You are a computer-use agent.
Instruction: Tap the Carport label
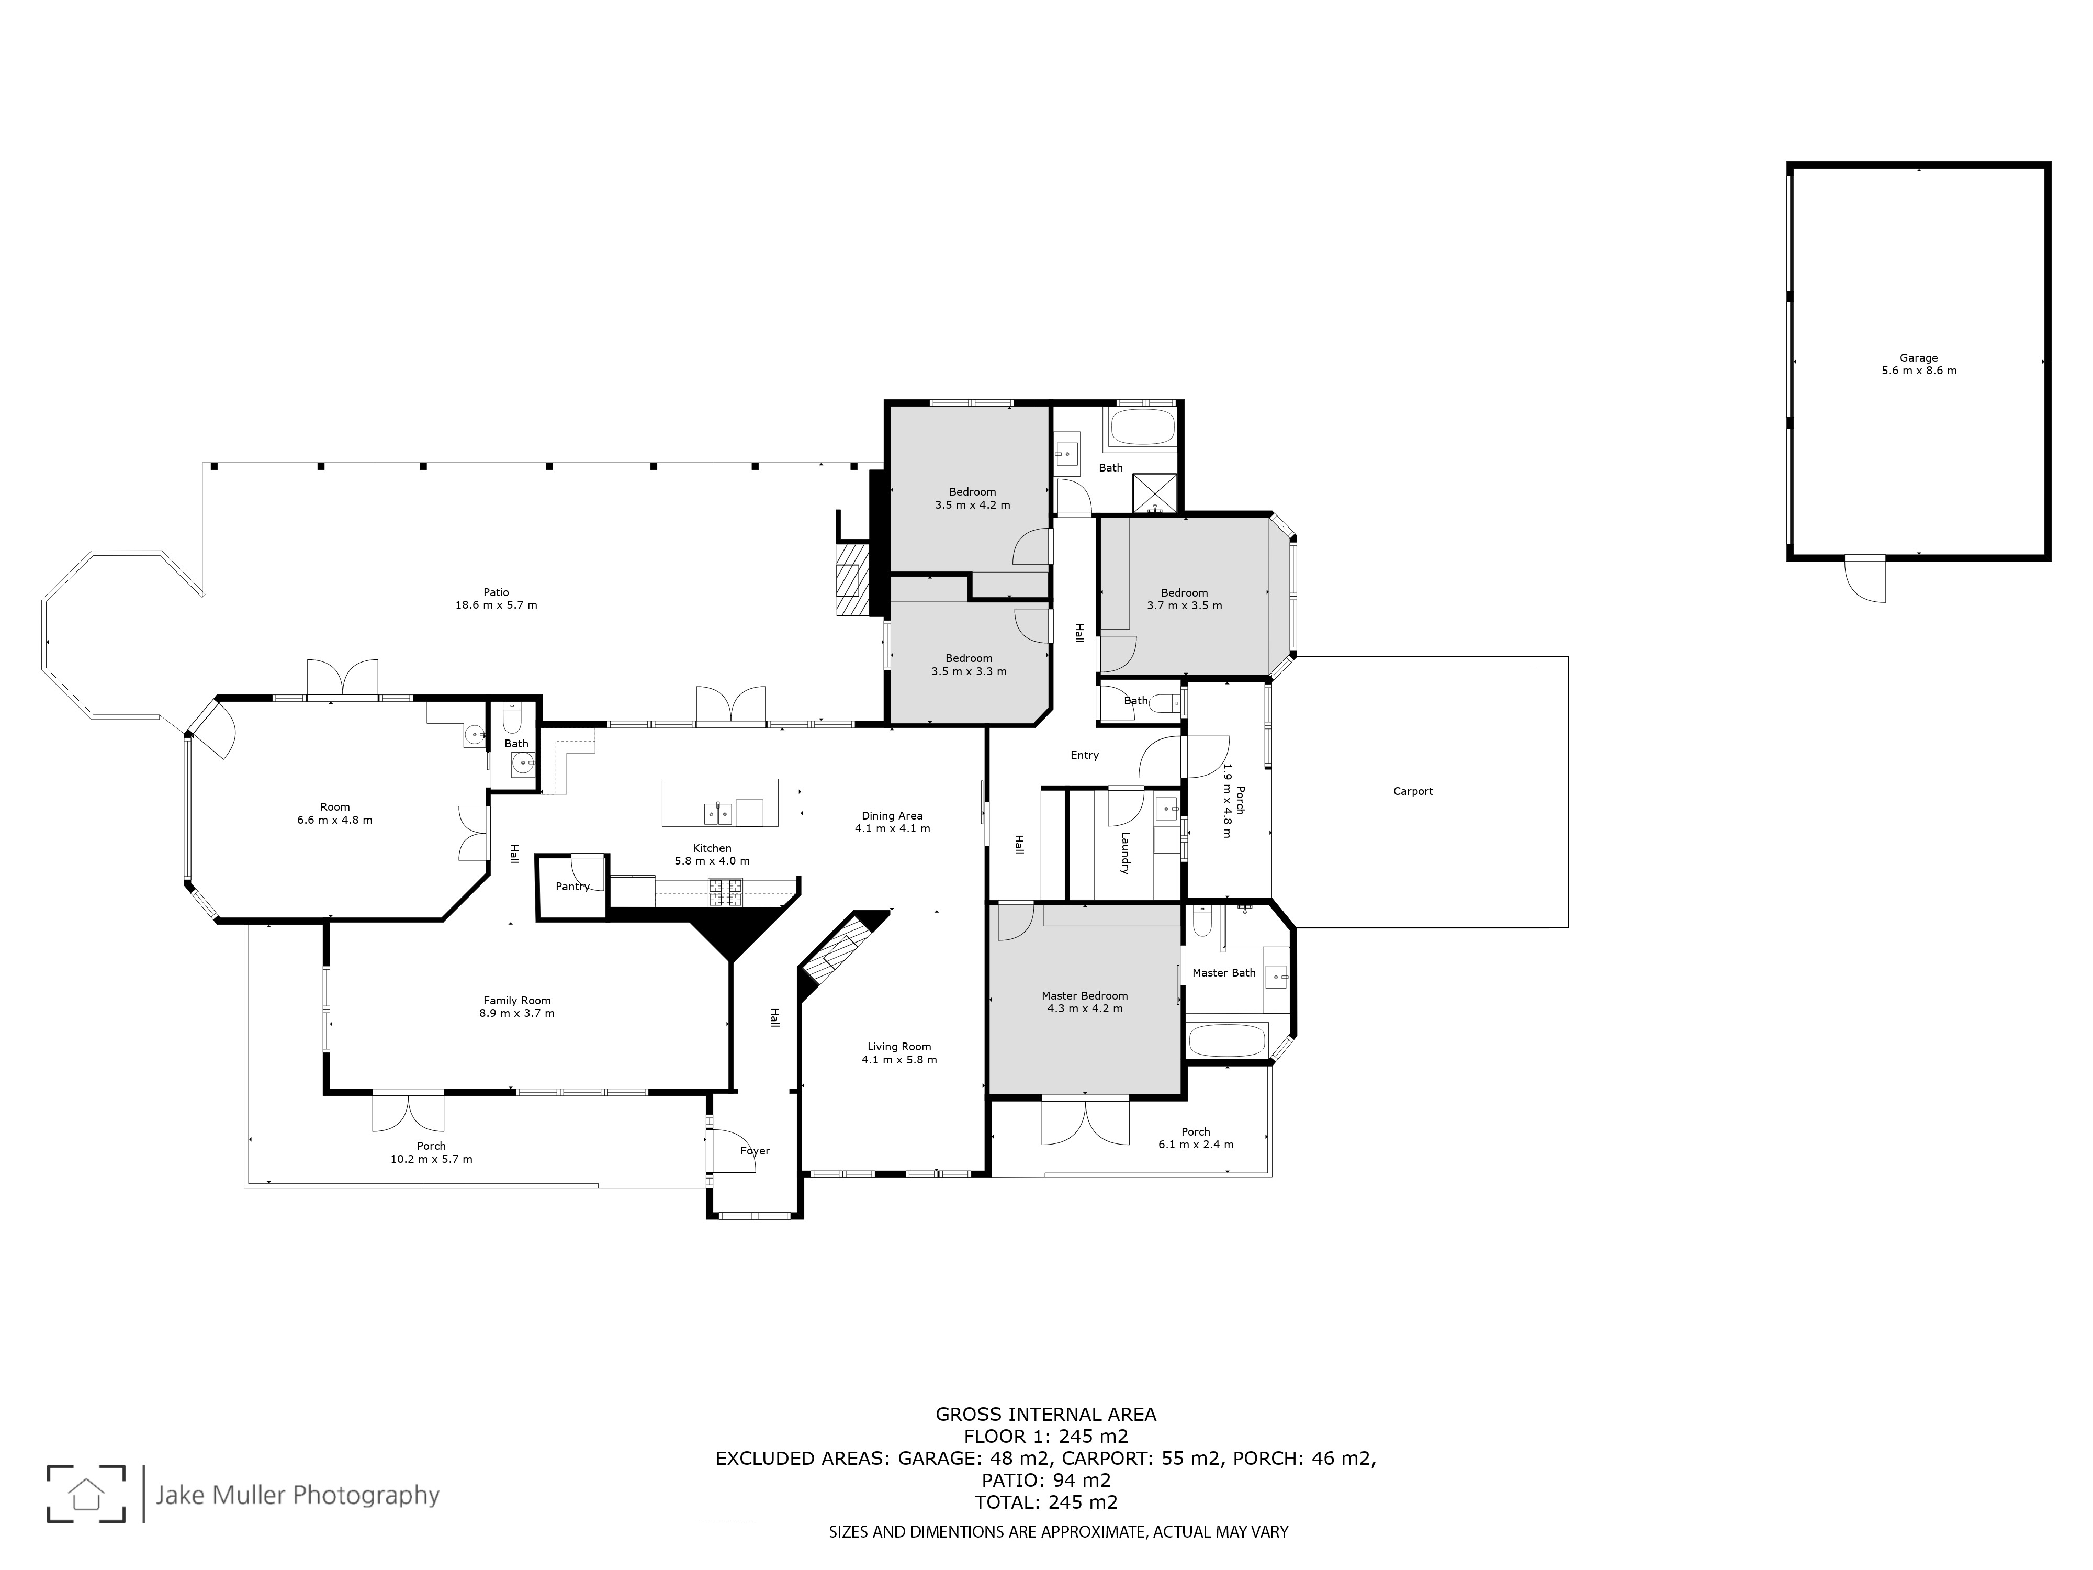tap(1413, 791)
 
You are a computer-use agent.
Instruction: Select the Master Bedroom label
tap(1084, 995)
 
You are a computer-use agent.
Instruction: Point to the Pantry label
tap(572, 887)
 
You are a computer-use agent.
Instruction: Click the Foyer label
tap(755, 1151)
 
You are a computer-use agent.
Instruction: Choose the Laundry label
tap(1125, 853)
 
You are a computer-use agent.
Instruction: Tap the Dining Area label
tap(892, 816)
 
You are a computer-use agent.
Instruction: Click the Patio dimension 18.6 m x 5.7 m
tap(496, 605)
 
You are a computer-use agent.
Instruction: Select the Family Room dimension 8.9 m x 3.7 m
tap(516, 1013)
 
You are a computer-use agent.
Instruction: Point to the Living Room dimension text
tap(899, 1060)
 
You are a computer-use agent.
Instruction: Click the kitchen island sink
tap(718, 813)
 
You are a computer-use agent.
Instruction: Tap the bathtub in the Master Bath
tap(1226, 1040)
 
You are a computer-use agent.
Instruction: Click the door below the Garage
tap(1864, 579)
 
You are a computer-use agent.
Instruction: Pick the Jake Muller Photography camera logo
tap(86, 1494)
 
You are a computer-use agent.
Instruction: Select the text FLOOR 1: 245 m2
tap(1045, 1437)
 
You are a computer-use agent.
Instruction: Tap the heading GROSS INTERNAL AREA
tap(1045, 1415)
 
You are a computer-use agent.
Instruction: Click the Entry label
tap(1084, 755)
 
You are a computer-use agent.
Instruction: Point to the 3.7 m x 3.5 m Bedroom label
tap(1185, 599)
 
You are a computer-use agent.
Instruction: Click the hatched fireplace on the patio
tap(851, 579)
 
